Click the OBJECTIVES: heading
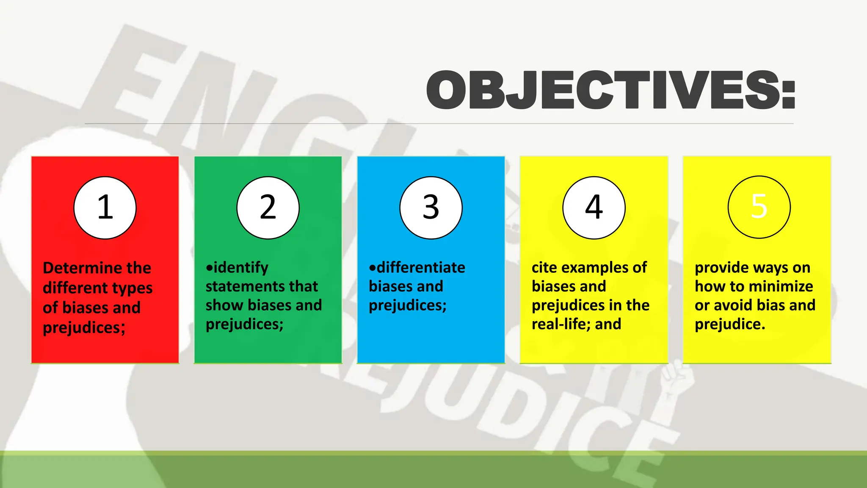pyautogui.click(x=610, y=90)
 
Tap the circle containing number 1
pyautogui.click(x=105, y=208)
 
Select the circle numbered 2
pyautogui.click(x=268, y=208)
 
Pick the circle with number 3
pyautogui.click(x=431, y=208)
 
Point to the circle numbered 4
pyautogui.click(x=594, y=208)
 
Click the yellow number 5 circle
pyautogui.click(x=759, y=207)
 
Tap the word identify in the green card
pyautogui.click(x=241, y=268)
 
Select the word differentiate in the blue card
pyautogui.click(x=421, y=268)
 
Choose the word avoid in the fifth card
pyautogui.click(x=733, y=305)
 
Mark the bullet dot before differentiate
pyautogui.click(x=373, y=268)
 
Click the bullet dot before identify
pyautogui.click(x=209, y=268)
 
